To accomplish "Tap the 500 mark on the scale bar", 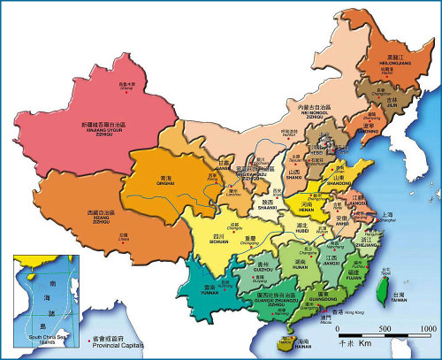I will click(x=388, y=327).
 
